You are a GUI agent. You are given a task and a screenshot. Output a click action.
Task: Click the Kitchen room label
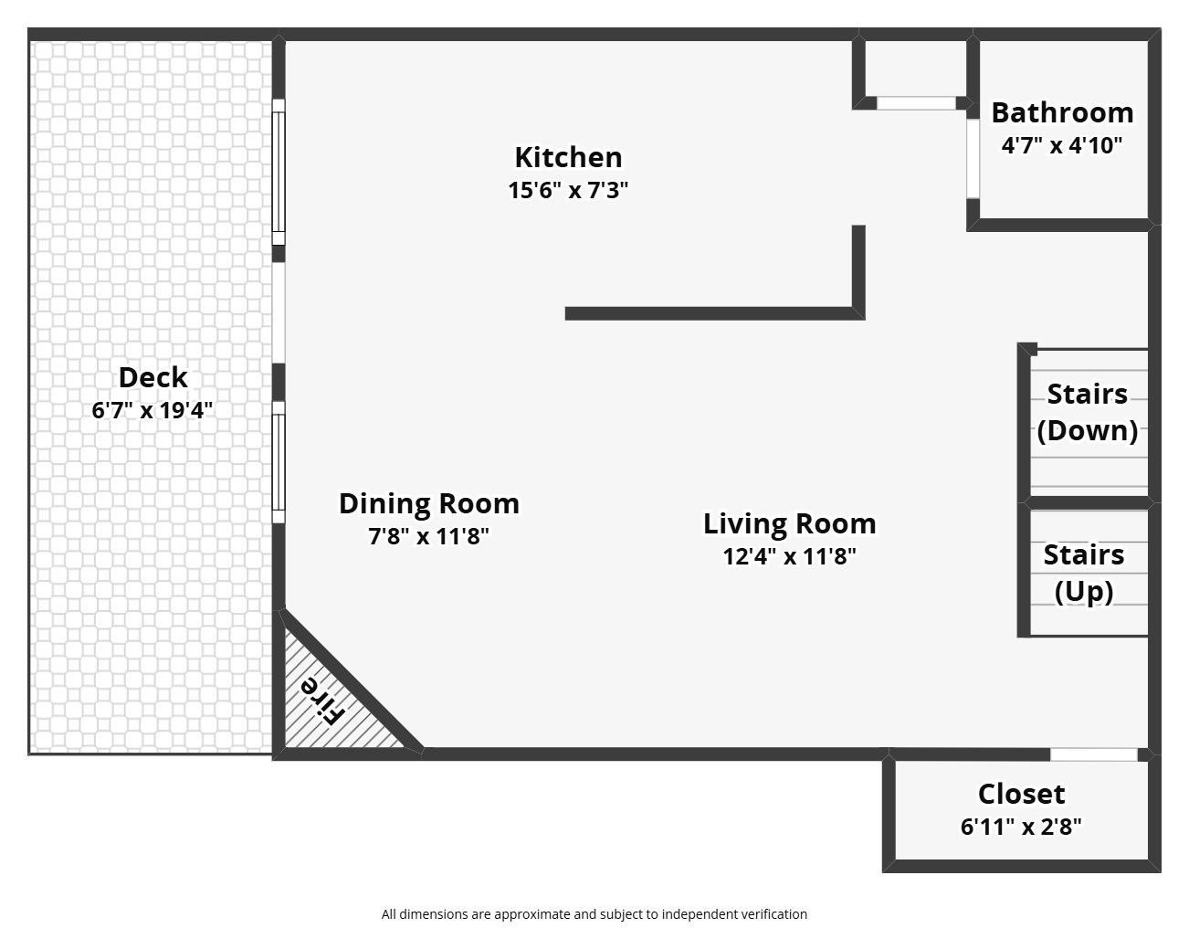[x=568, y=157]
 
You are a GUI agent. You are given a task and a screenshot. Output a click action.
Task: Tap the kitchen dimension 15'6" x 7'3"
[x=568, y=190]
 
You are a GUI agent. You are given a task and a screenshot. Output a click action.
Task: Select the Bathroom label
[x=1062, y=112]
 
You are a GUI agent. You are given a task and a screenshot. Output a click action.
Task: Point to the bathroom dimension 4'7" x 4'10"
[x=1061, y=144]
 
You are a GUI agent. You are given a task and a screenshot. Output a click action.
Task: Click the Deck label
[x=153, y=377]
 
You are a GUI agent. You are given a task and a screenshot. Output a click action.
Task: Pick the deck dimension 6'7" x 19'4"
[x=153, y=410]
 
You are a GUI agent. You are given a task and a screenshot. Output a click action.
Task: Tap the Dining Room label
[x=428, y=503]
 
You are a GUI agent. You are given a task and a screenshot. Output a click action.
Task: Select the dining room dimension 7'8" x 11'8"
[x=428, y=536]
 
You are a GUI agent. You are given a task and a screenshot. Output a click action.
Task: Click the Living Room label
[x=789, y=523]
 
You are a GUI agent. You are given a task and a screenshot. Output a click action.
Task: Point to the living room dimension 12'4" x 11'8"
[x=789, y=556]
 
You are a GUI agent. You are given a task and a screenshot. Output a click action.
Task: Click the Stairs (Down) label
[x=1087, y=412]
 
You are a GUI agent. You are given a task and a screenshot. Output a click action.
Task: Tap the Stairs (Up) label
[x=1084, y=573]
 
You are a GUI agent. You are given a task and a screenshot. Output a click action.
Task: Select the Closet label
[x=1021, y=794]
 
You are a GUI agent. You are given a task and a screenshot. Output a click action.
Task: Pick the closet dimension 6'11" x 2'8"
[x=1021, y=827]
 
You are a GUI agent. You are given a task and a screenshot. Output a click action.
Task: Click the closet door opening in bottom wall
[x=1093, y=754]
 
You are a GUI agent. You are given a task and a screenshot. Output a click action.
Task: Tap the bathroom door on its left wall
[x=973, y=159]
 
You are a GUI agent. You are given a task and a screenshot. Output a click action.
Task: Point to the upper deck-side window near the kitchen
[x=279, y=172]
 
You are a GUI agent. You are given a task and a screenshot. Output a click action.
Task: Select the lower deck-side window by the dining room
[x=279, y=462]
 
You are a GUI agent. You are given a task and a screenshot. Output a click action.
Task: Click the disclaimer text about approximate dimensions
[x=594, y=913]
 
